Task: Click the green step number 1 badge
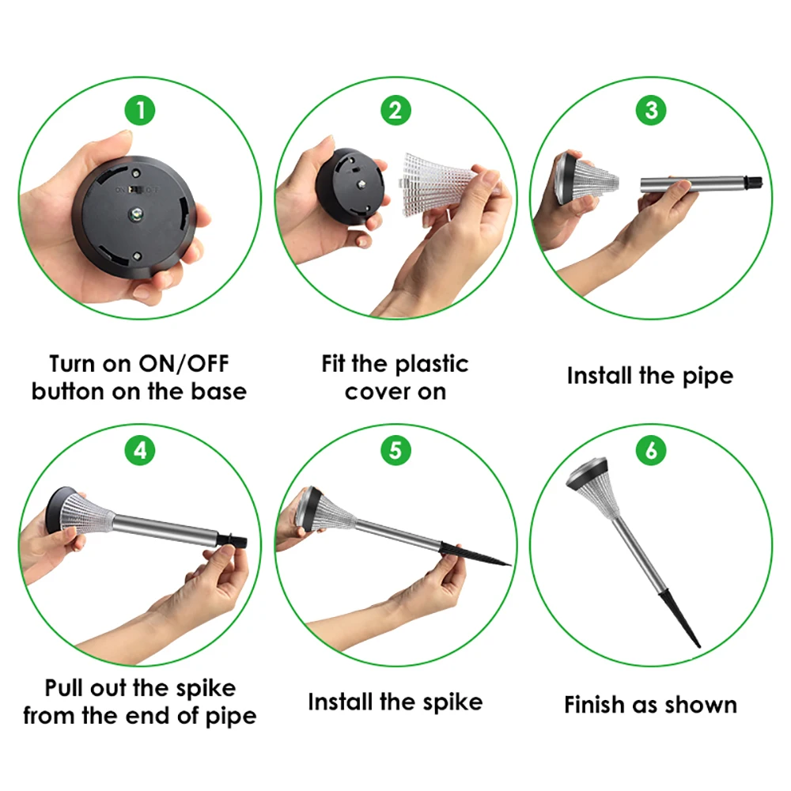(x=140, y=110)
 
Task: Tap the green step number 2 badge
(x=395, y=110)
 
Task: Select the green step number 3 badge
(x=651, y=110)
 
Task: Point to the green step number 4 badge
(x=140, y=451)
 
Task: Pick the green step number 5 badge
(x=395, y=451)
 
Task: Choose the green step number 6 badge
(x=651, y=451)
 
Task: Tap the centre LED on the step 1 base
(x=134, y=215)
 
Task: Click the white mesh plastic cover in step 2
(x=439, y=185)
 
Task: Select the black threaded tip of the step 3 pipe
(x=754, y=182)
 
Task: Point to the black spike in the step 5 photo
(x=474, y=554)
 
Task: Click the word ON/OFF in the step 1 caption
(x=184, y=364)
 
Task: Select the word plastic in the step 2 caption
(x=432, y=365)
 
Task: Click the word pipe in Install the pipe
(x=708, y=377)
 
